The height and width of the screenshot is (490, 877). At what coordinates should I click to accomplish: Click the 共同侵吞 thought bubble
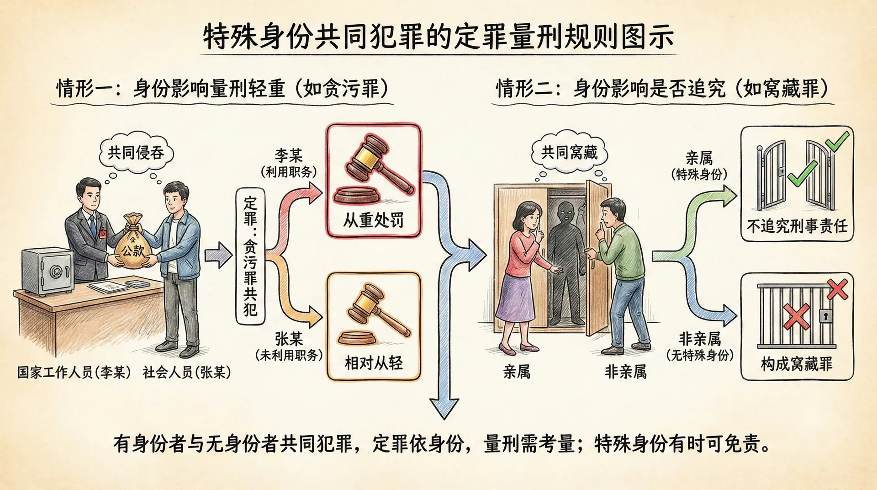136,153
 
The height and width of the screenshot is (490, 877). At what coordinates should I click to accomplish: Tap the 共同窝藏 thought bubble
569,152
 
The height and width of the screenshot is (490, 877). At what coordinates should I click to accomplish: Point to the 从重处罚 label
373,220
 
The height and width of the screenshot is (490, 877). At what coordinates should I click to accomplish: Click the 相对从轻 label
374,363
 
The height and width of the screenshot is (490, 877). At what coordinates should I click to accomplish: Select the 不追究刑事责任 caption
797,226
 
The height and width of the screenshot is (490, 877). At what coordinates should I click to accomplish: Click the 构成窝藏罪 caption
797,364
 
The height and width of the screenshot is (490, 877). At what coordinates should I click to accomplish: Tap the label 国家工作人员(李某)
74,373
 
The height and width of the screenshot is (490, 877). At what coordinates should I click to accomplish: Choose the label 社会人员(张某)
186,373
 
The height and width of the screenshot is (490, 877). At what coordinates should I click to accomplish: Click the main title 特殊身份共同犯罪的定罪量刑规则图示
438,37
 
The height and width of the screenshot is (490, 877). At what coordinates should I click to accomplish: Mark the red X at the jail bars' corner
837,289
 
